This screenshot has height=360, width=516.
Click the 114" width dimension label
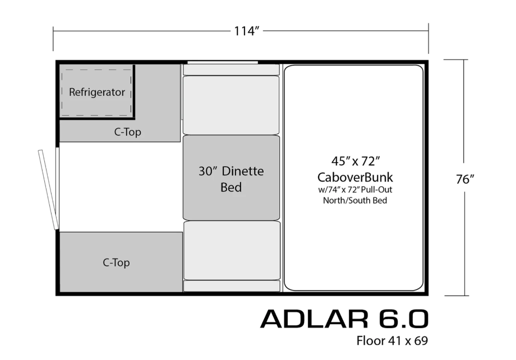[x=246, y=31]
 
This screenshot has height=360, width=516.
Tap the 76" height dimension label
[x=465, y=179]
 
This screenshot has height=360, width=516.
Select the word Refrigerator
[x=96, y=92]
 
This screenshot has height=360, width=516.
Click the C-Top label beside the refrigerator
[x=128, y=132]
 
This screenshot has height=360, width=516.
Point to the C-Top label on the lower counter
[x=116, y=262]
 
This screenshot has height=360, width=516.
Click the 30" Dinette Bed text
[x=231, y=179]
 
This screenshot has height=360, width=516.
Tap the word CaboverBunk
[x=355, y=177]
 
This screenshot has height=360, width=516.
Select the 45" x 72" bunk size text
[x=356, y=161]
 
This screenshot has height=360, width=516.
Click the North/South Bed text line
[x=354, y=200]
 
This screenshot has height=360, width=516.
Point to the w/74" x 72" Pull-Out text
[x=355, y=190]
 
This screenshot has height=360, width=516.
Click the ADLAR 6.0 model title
[x=344, y=319]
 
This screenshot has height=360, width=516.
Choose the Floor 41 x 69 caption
[x=392, y=340]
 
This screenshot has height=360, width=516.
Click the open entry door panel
[x=48, y=190]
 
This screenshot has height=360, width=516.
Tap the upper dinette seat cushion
[x=231, y=105]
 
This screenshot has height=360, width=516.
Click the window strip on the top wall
[x=223, y=62]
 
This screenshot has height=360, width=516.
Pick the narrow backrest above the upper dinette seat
[x=231, y=70]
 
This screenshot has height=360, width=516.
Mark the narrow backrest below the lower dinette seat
[x=232, y=286]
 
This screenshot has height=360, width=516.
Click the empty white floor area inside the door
[x=121, y=187]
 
